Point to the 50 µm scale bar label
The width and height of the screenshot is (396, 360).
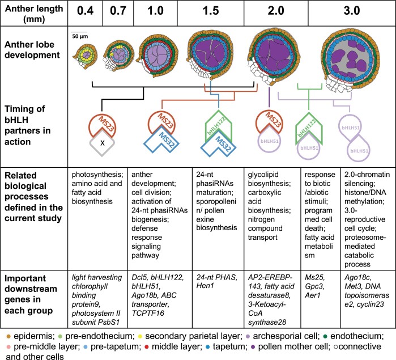coord(79,36)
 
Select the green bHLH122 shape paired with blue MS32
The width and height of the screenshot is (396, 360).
coord(219,127)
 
